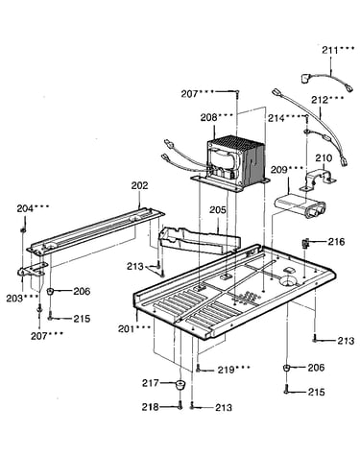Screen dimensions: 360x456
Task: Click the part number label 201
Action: [x=126, y=328]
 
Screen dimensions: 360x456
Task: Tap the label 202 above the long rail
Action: [x=140, y=185]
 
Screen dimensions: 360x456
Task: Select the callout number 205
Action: [x=218, y=210]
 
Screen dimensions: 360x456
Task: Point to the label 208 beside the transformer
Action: [x=209, y=117]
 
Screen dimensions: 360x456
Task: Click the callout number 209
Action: [x=279, y=169]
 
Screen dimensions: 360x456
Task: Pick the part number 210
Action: [x=324, y=157]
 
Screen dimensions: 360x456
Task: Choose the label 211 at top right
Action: [x=330, y=50]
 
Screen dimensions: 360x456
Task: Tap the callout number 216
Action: [x=336, y=242]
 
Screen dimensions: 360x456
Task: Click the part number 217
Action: [x=151, y=383]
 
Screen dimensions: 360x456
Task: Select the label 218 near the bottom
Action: [x=151, y=407]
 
